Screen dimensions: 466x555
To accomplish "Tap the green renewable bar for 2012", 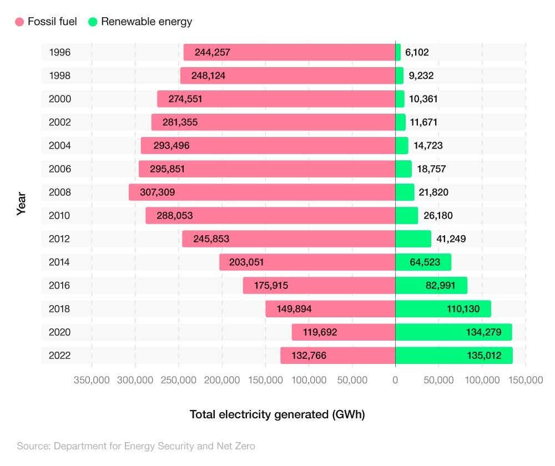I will pyautogui.click(x=413, y=239).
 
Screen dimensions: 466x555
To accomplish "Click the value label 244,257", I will pyautogui.click(x=212, y=53).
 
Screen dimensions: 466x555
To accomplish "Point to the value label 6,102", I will pyautogui.click(x=417, y=53).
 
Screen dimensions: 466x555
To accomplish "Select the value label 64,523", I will pyautogui.click(x=425, y=262).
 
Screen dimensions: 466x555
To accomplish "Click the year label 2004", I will pyautogui.click(x=60, y=146).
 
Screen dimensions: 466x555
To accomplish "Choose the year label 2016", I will pyautogui.click(x=60, y=286).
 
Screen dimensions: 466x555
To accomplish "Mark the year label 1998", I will pyautogui.click(x=60, y=76).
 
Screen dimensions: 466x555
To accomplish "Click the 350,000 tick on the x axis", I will pyautogui.click(x=92, y=381).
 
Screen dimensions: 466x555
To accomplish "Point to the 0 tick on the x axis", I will pyautogui.click(x=395, y=381).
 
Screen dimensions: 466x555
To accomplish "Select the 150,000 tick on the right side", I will pyautogui.click(x=525, y=381).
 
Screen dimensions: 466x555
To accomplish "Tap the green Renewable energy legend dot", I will pyautogui.click(x=93, y=22).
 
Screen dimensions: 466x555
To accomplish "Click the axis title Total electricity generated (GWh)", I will pyautogui.click(x=277, y=414).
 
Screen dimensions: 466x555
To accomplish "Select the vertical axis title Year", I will pyautogui.click(x=22, y=204).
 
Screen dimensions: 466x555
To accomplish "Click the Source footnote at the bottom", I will pyautogui.click(x=136, y=445).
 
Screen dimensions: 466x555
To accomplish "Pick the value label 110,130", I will pyautogui.click(x=463, y=309).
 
